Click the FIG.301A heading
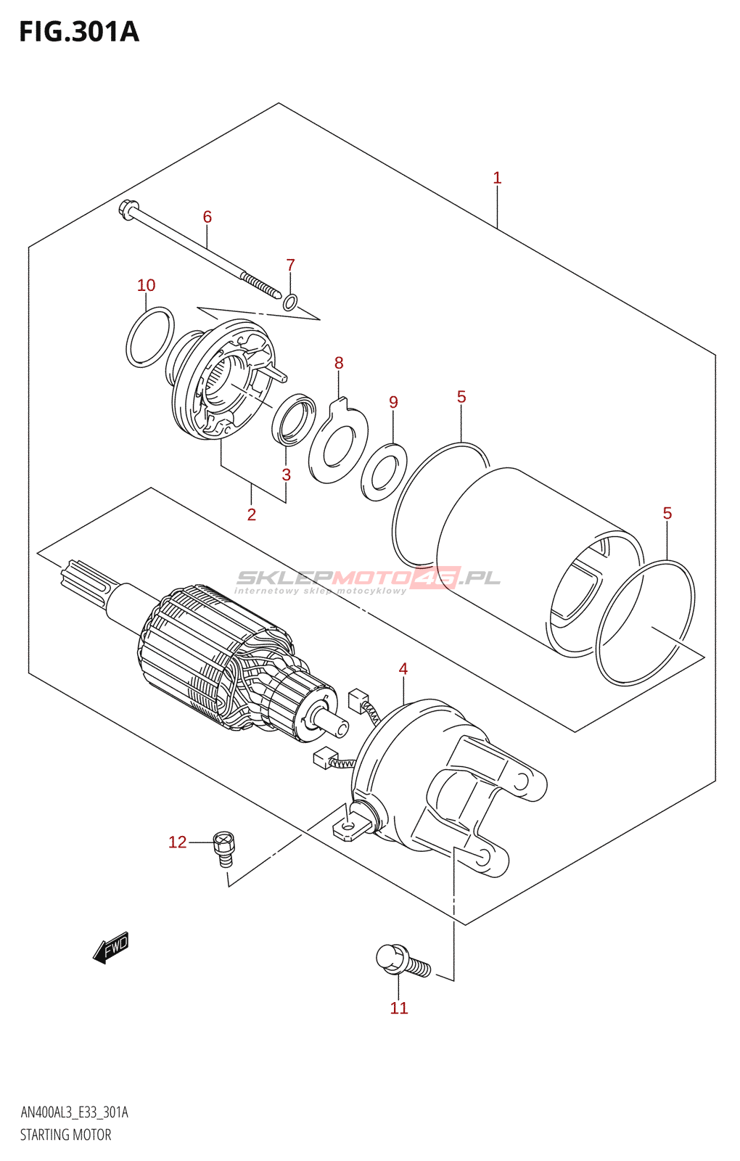point(78,32)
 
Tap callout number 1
point(497,178)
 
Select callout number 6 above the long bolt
point(207,217)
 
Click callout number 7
point(290,265)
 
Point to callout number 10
point(147,285)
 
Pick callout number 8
point(339,363)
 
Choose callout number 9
point(393,402)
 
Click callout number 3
point(287,475)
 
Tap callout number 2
point(252,514)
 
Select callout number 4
point(403,669)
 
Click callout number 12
point(178,842)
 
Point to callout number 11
point(399,1008)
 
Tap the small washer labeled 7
point(290,302)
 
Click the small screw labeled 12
point(224,848)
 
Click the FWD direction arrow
point(111,948)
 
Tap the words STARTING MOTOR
point(66,1135)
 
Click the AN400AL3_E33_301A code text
point(74,1112)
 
